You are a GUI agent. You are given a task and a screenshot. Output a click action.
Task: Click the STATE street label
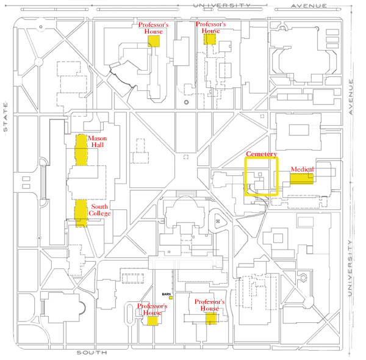5,116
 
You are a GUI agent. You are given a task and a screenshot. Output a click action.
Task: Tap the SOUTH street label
92,353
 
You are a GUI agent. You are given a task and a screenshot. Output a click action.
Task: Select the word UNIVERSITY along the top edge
221,5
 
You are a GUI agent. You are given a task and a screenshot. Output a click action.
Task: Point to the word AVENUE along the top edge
309,5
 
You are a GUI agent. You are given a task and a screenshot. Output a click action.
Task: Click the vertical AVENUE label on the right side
352,96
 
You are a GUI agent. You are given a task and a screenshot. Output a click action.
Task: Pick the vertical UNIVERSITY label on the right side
351,268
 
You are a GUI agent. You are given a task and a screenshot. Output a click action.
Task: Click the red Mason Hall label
98,142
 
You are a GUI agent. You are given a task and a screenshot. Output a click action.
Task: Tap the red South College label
99,210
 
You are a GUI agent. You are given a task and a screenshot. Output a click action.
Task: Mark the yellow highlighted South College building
81,212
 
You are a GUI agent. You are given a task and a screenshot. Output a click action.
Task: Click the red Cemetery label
262,154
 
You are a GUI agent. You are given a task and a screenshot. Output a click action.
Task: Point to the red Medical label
302,169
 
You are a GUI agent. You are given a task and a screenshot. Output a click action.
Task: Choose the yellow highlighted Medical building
301,178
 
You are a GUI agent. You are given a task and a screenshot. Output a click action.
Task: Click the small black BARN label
165,294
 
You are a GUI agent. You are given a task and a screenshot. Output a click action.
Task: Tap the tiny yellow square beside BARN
171,297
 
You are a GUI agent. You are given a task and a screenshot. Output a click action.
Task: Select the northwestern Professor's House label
152,29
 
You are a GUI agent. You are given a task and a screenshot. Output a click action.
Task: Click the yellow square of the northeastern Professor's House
210,39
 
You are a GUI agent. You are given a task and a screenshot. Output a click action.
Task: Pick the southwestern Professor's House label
149,309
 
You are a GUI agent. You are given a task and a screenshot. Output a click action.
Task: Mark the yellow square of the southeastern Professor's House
211,318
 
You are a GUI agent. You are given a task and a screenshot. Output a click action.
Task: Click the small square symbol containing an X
218,221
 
